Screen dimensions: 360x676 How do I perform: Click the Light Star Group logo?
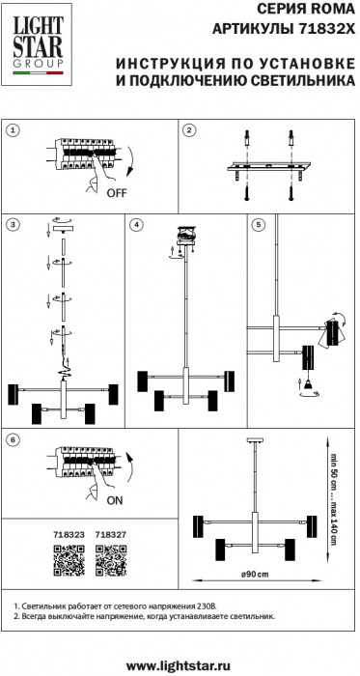pos(37,44)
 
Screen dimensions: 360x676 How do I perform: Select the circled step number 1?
pos(14,129)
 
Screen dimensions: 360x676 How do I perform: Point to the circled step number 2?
pos(189,129)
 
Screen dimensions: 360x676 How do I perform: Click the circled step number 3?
pos(14,224)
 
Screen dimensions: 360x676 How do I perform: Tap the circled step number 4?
pos(136,224)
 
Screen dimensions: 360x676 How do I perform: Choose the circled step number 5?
pos(259,224)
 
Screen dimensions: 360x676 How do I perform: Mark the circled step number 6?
pos(14,439)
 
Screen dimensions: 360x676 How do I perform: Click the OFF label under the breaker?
pos(117,193)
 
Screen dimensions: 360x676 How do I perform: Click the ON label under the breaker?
pos(114,500)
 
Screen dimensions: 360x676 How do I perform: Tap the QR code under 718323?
pos(69,560)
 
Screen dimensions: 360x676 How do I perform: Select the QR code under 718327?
pos(111,560)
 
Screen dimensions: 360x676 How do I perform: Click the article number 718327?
pos(111,535)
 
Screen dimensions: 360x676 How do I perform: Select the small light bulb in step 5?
pos(308,383)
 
